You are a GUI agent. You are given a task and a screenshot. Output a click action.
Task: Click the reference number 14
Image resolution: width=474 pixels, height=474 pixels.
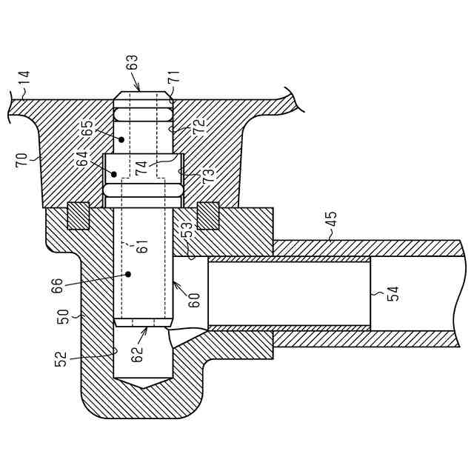pyautogui.click(x=23, y=79)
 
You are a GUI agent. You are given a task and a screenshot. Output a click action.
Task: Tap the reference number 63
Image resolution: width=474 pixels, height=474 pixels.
pyautogui.click(x=133, y=72)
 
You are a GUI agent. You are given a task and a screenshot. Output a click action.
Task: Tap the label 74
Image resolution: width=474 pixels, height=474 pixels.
pyautogui.click(x=141, y=167)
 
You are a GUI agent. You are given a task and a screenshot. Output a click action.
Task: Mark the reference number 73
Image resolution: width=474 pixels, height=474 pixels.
pyautogui.click(x=209, y=176)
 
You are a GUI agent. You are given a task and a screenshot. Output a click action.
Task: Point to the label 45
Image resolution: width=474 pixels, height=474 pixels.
pyautogui.click(x=331, y=221)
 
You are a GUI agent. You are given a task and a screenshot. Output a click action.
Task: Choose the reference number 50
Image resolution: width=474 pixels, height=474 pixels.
pyautogui.click(x=64, y=316)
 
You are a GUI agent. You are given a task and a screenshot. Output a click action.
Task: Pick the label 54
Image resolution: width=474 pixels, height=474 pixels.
pyautogui.click(x=393, y=293)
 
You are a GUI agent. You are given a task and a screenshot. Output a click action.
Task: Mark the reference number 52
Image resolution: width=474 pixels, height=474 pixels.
pyautogui.click(x=62, y=358)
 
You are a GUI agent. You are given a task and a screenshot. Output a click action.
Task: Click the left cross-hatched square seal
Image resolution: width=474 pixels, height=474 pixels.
pyautogui.click(x=78, y=216)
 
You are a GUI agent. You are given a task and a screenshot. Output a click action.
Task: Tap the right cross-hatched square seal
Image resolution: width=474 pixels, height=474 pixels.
pyautogui.click(x=208, y=216)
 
